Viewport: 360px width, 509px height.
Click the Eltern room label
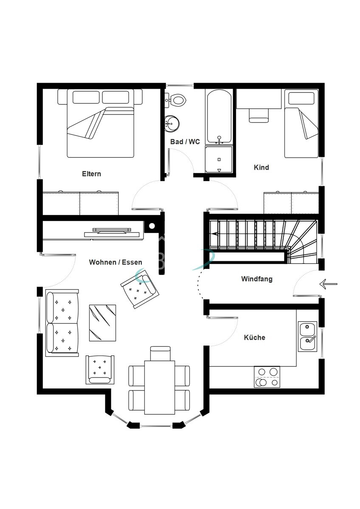point(91,174)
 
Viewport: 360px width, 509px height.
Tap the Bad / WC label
point(185,142)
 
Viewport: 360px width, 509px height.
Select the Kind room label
point(262,168)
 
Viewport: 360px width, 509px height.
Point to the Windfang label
point(257,279)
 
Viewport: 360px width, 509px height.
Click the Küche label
point(254,338)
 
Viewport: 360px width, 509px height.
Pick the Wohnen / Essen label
point(115,262)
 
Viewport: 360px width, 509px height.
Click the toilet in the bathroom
point(176,100)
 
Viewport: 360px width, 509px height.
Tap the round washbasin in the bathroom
point(172,124)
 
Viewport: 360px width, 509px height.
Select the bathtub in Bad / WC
point(219,117)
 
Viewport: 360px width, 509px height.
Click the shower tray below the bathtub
point(219,159)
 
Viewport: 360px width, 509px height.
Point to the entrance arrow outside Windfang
point(329,284)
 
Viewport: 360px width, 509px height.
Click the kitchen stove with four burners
point(267,377)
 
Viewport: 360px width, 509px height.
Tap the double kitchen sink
point(307,336)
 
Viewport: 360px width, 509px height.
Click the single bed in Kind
point(301,123)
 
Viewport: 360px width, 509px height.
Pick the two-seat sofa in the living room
point(62,323)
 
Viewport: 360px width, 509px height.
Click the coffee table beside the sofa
point(102,323)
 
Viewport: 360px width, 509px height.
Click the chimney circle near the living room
point(152,226)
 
